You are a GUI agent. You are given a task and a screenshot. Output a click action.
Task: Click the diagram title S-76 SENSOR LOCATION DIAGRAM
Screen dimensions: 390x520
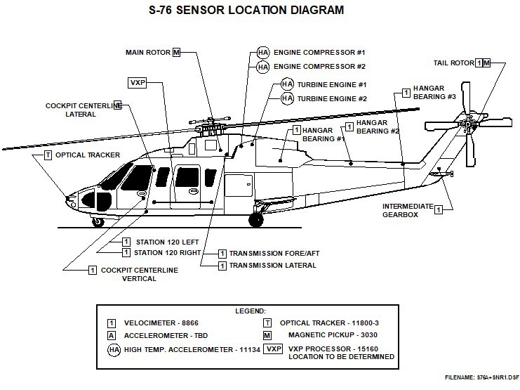pyautogui.click(x=260, y=11)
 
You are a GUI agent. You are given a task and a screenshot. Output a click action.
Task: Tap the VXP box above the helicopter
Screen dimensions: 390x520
pyautogui.click(x=137, y=83)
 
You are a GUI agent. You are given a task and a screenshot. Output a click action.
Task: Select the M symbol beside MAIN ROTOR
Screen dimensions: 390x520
pyautogui.click(x=176, y=52)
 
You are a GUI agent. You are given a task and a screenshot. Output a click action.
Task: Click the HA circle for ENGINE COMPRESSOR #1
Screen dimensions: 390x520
pyautogui.click(x=262, y=53)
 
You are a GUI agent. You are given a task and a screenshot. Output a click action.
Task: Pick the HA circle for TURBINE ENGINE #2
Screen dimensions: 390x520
pyautogui.click(x=287, y=99)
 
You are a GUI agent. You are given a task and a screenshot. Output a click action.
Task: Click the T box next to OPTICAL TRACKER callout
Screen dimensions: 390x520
pyautogui.click(x=48, y=155)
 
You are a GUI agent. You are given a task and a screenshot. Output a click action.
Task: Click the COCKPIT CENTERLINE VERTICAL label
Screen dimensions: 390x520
pyautogui.click(x=139, y=274)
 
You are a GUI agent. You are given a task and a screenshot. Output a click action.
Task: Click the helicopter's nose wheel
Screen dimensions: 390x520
pyautogui.click(x=98, y=221)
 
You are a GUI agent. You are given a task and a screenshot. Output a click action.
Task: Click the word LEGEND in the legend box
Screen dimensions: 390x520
pyautogui.click(x=251, y=310)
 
